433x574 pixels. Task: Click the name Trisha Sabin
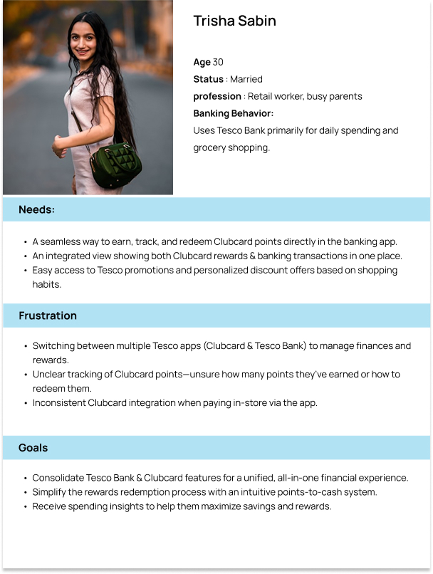click(x=234, y=21)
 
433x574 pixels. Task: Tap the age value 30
click(x=218, y=62)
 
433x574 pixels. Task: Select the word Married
click(x=246, y=79)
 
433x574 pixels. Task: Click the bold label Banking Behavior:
click(x=233, y=113)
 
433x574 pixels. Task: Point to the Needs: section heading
click(x=36, y=209)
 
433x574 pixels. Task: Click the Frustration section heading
click(x=47, y=315)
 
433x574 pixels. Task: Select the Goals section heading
click(x=33, y=448)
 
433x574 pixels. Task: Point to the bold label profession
click(x=217, y=96)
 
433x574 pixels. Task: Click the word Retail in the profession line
click(x=261, y=96)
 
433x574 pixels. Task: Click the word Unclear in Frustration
click(x=50, y=374)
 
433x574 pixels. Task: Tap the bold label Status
click(x=208, y=79)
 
